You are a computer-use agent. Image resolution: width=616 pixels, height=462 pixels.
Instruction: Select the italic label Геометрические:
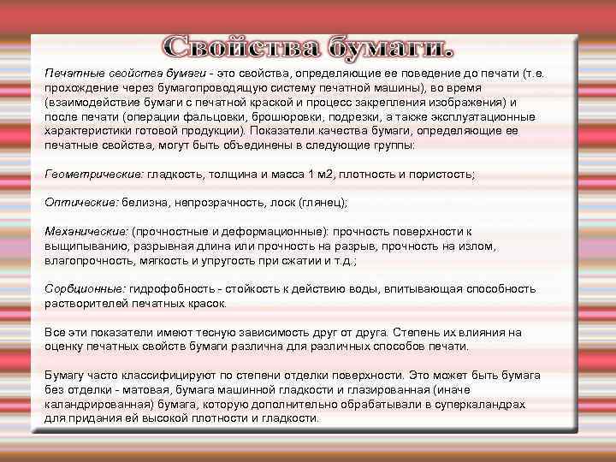click(93, 174)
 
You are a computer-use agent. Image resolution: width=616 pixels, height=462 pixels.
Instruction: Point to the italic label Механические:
click(86, 231)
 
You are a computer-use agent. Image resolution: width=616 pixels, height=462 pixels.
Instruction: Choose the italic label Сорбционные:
click(84, 290)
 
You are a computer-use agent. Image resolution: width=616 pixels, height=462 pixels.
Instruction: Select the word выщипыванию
click(84, 246)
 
